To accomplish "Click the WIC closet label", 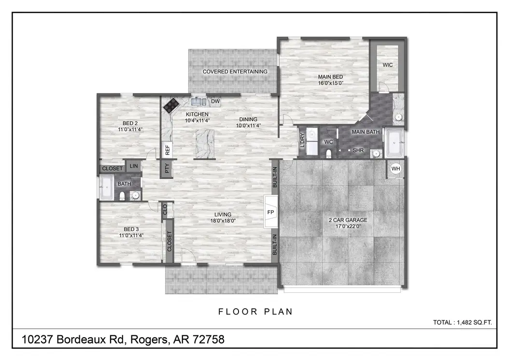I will click(388, 65).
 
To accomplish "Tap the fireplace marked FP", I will click(270, 212).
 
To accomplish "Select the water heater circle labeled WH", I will click(396, 169).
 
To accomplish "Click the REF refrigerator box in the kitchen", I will click(167, 150).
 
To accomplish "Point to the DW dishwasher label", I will click(215, 101).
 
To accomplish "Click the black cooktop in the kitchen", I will click(170, 105).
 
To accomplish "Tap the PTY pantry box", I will click(167, 169).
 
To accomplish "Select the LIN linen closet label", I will click(134, 166).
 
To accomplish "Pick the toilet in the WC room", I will click(329, 153).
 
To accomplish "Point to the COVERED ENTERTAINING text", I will click(235, 72).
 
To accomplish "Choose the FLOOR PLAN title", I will click(255, 312).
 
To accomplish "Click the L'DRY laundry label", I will click(303, 140).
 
